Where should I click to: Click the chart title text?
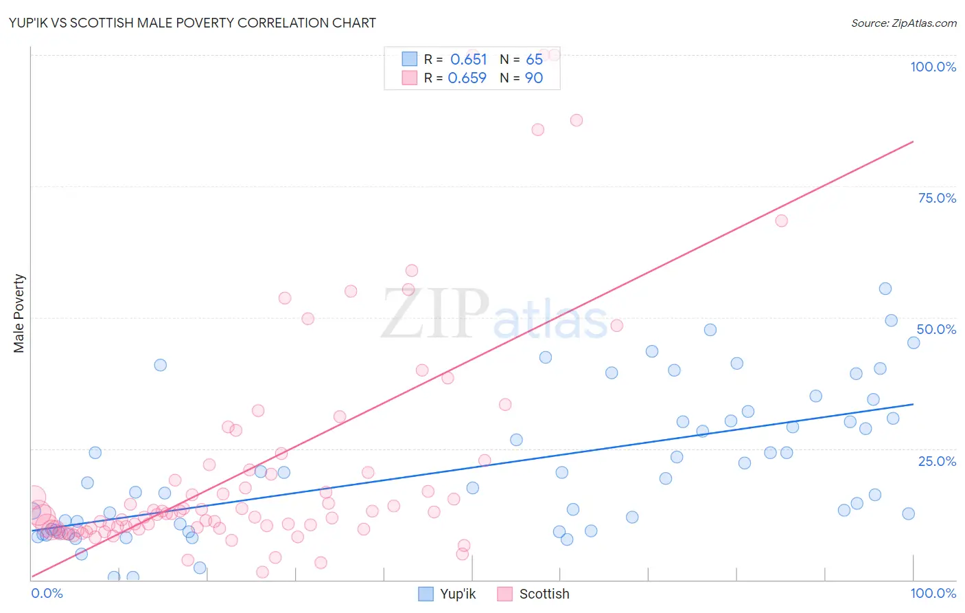tap(192, 23)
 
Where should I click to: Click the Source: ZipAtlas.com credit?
tap(903, 23)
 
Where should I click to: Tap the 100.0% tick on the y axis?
tap(933, 67)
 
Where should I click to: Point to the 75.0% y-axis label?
tap(937, 198)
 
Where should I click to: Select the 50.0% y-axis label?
tap(936, 329)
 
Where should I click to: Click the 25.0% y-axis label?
tap(937, 461)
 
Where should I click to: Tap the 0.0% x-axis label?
tap(47, 593)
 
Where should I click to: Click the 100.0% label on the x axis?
tap(933, 593)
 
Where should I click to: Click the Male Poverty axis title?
tap(19, 313)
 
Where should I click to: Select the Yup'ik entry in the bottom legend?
tap(447, 594)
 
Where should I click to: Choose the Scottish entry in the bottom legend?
tap(533, 594)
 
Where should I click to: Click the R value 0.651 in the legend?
tap(468, 59)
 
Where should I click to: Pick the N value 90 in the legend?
tap(533, 78)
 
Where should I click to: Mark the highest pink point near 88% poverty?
tap(577, 120)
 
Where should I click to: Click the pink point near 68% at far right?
tap(781, 221)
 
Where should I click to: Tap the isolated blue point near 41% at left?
tap(161, 365)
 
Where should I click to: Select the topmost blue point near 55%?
tap(885, 289)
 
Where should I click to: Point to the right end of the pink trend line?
tap(913, 142)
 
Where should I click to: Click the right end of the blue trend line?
tap(913, 404)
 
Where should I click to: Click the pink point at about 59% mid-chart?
tap(412, 271)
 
